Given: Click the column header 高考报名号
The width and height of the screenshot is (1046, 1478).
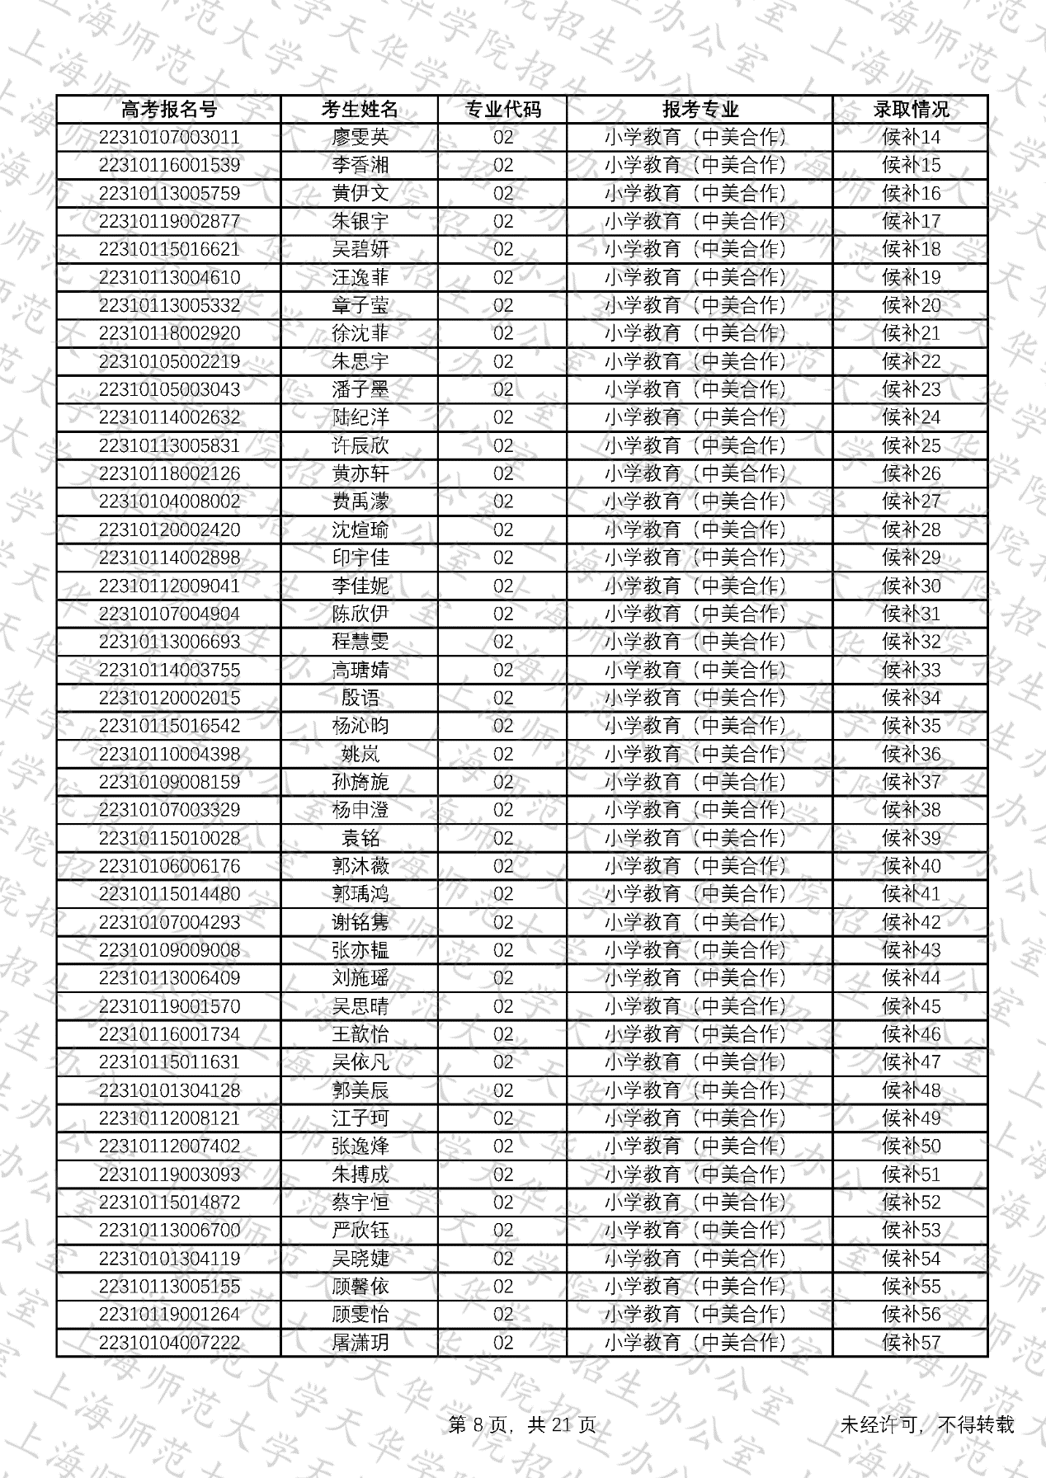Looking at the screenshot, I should pyautogui.click(x=169, y=110).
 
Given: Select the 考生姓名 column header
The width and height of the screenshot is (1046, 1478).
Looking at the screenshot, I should pyautogui.click(x=360, y=110).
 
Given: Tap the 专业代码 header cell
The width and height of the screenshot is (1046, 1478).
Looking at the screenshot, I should pyautogui.click(x=502, y=110).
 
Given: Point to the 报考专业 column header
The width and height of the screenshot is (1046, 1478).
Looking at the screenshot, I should pyautogui.click(x=700, y=110).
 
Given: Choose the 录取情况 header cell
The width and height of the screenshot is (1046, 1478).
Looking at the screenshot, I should pyautogui.click(x=911, y=110).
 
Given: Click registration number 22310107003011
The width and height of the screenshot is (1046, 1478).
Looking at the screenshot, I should pyautogui.click(x=169, y=138).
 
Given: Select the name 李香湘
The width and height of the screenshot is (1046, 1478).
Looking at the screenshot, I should pyautogui.click(x=360, y=166).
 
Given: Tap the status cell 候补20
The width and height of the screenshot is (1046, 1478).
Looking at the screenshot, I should pyautogui.click(x=911, y=306).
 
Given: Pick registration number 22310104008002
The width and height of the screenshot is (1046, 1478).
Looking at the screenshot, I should pyautogui.click(x=169, y=502).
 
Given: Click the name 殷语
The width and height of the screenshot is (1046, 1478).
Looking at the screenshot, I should pyautogui.click(x=360, y=699).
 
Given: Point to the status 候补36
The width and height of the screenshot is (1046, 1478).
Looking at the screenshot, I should pyautogui.click(x=911, y=755).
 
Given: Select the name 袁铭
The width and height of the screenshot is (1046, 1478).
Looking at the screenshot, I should pyautogui.click(x=360, y=839).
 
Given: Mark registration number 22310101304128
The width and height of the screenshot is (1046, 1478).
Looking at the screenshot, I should pyautogui.click(x=169, y=1091).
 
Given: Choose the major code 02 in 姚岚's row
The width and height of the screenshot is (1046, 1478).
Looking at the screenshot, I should pyautogui.click(x=502, y=755).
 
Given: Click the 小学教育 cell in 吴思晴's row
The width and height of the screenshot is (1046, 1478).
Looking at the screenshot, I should pyautogui.click(x=700, y=1007).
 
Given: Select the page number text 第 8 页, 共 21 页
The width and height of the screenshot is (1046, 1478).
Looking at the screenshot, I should pyautogui.click(x=522, y=1425).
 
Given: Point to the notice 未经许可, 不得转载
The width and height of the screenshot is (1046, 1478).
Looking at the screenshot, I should pyautogui.click(x=926, y=1425).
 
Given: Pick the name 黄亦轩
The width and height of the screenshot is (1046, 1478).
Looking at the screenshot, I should pyautogui.click(x=360, y=474).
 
